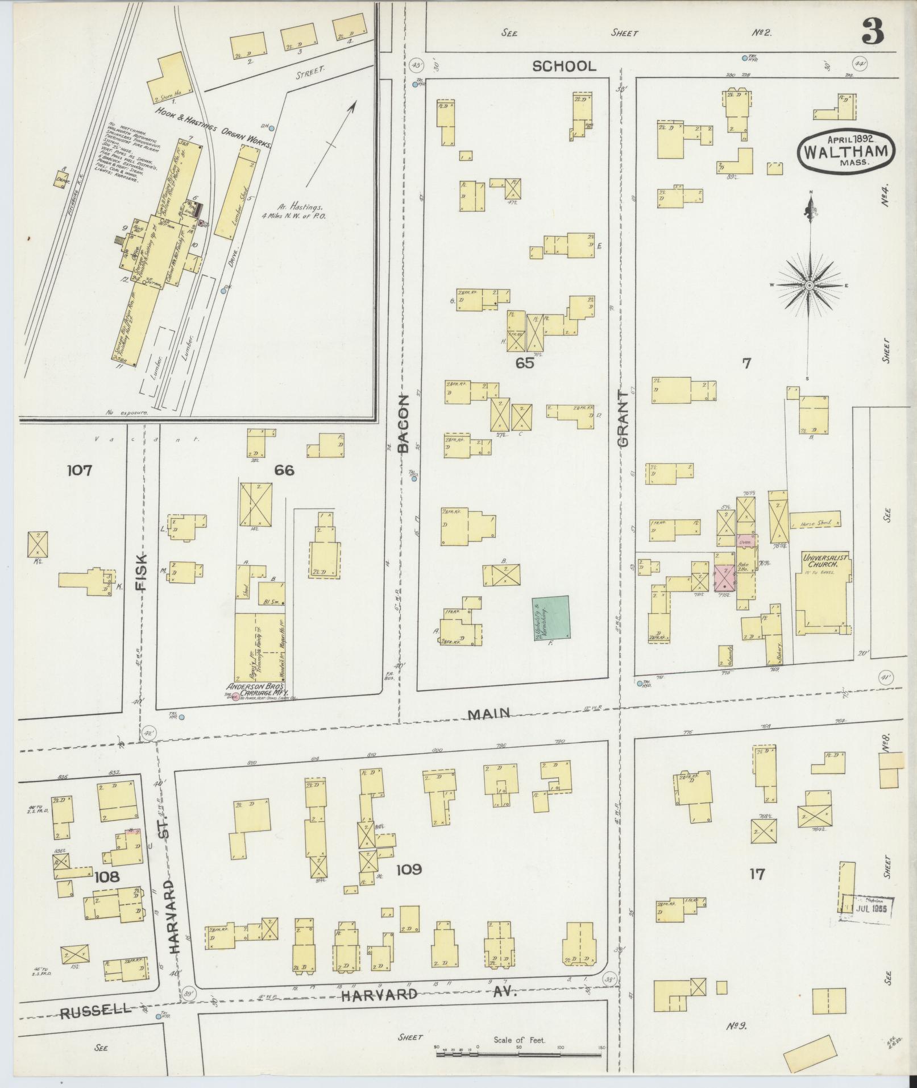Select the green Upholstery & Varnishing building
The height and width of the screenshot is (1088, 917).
pyautogui.click(x=551, y=618)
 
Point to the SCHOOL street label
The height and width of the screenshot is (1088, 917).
pyautogui.click(x=564, y=67)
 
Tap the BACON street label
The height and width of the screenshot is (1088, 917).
pyautogui.click(x=403, y=423)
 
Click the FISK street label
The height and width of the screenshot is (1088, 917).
pyautogui.click(x=140, y=570)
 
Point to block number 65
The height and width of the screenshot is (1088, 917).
pyautogui.click(x=524, y=363)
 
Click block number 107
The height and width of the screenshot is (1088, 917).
pyautogui.click(x=80, y=470)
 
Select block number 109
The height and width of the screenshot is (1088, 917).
pyautogui.click(x=409, y=885)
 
